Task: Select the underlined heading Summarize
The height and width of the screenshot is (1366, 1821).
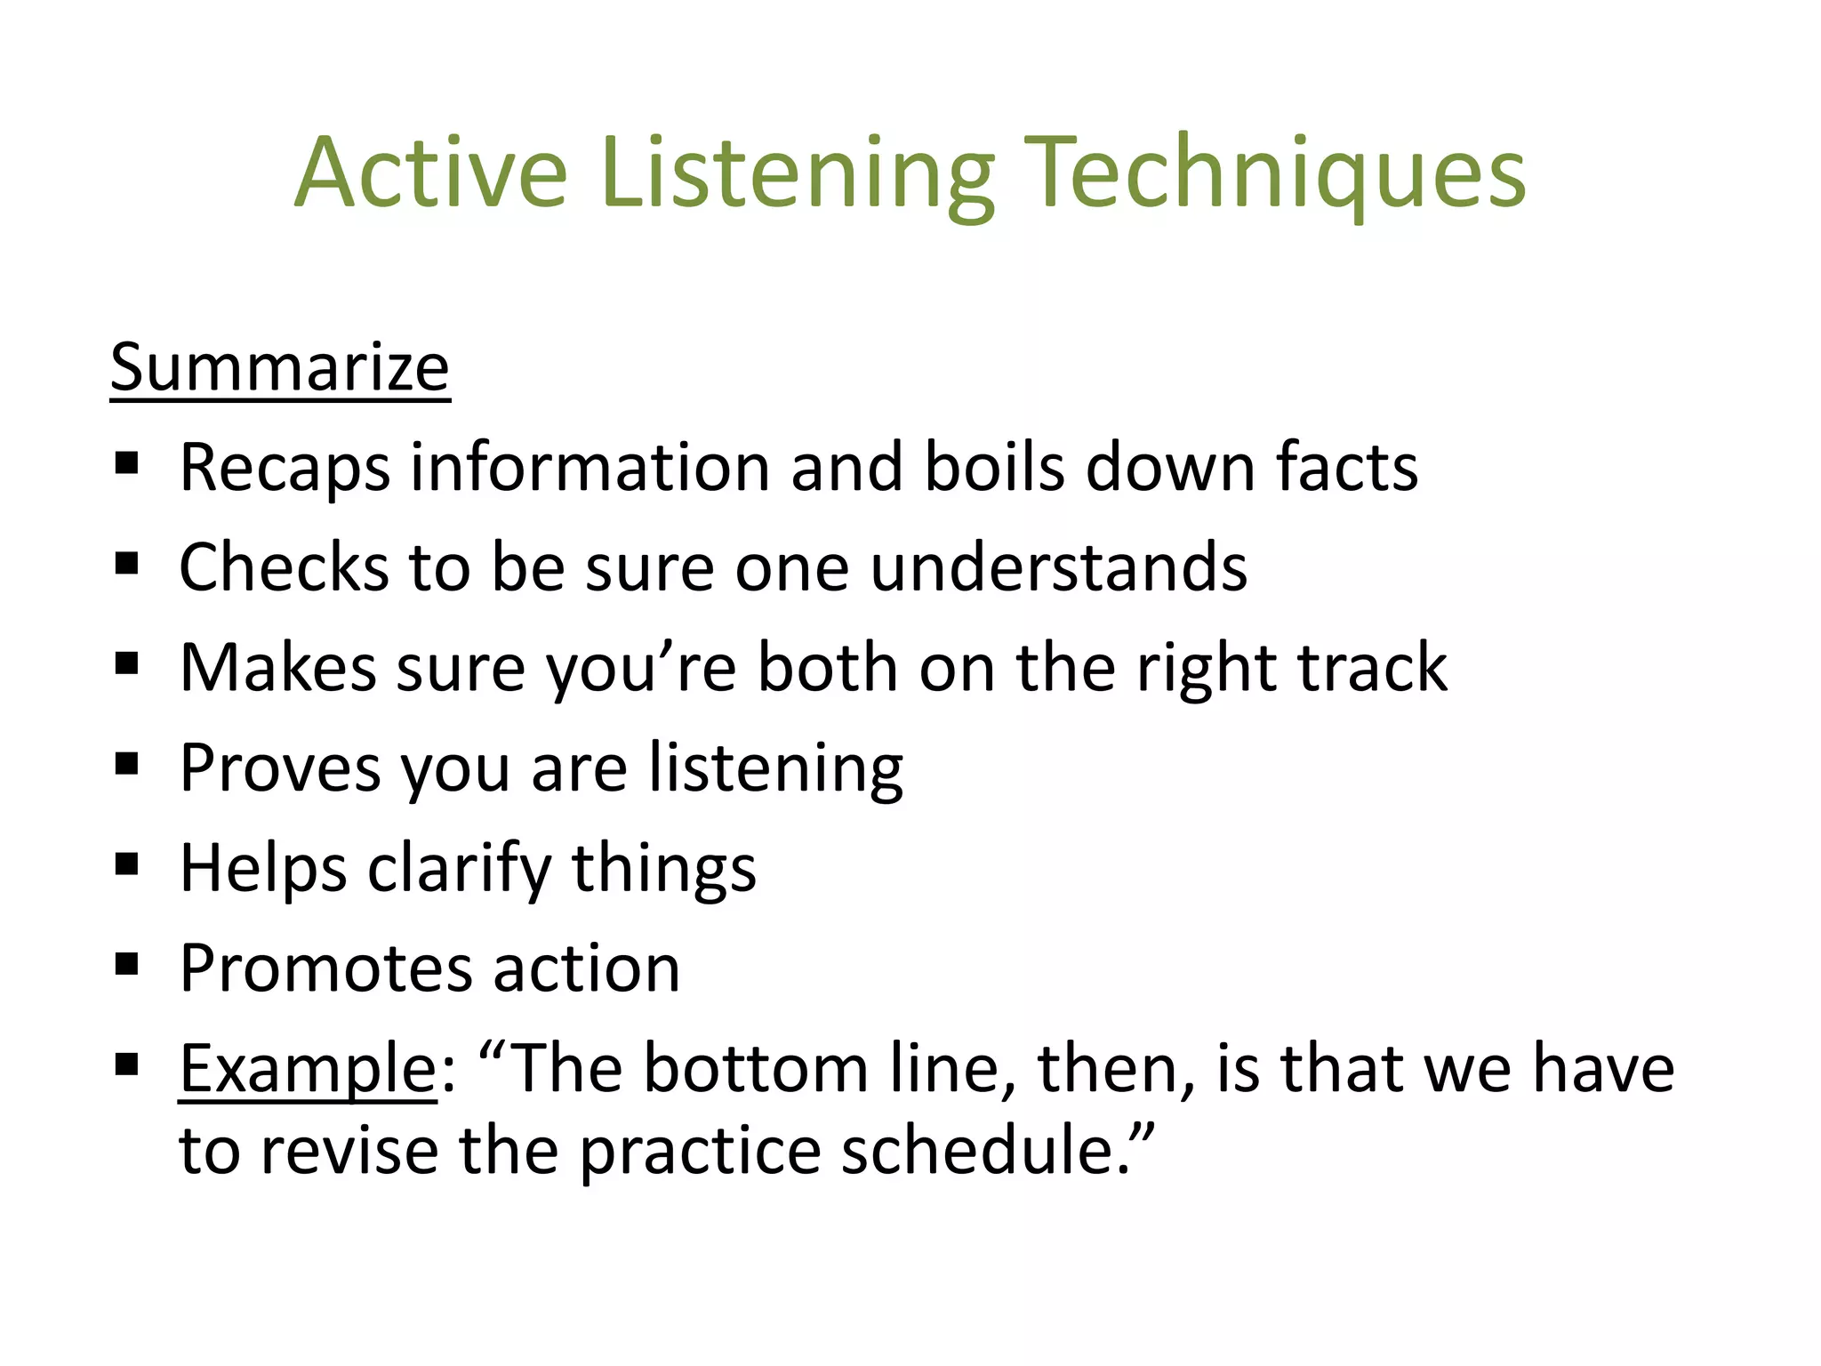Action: point(280,367)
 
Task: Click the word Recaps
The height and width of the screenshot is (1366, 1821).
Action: point(284,469)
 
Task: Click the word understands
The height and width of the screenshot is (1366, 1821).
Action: point(1058,567)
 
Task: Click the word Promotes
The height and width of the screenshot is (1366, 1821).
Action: point(325,968)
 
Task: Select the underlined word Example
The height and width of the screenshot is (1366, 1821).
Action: point(307,1069)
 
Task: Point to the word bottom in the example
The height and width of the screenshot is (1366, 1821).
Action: point(755,1069)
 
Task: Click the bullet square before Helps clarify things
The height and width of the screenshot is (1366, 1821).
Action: point(127,864)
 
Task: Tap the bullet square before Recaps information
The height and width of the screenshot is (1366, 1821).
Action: point(127,463)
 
